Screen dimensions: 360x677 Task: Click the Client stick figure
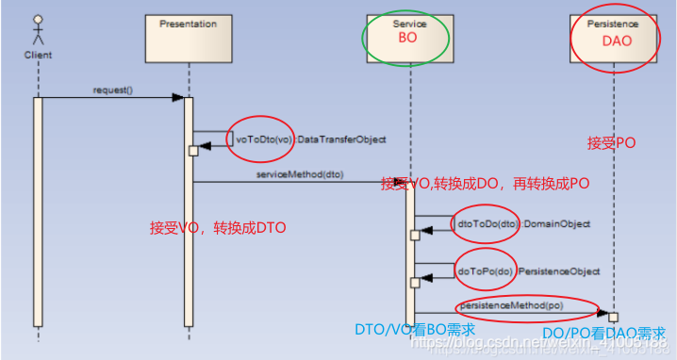[38, 29]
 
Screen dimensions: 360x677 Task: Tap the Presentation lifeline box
[188, 36]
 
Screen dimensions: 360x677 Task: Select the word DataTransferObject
[343, 139]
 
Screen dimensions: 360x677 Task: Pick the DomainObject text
[557, 224]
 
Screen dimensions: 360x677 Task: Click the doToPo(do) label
[484, 271]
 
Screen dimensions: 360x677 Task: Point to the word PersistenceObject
[562, 271]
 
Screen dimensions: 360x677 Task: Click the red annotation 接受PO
[612, 143]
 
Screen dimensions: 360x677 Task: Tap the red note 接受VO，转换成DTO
[218, 227]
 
